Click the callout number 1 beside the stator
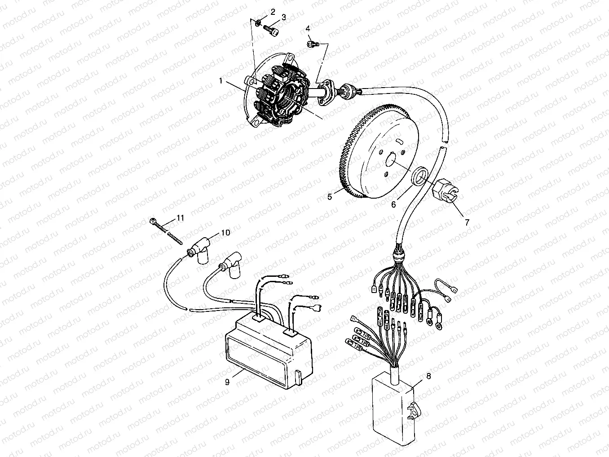(221, 81)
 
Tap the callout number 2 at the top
(272, 11)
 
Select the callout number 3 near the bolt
(283, 17)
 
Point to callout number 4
(308, 29)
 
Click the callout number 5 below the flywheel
(330, 197)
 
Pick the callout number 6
(393, 204)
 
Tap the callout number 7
(467, 222)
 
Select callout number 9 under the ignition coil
(227, 382)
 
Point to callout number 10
(225, 232)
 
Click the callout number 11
(180, 218)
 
